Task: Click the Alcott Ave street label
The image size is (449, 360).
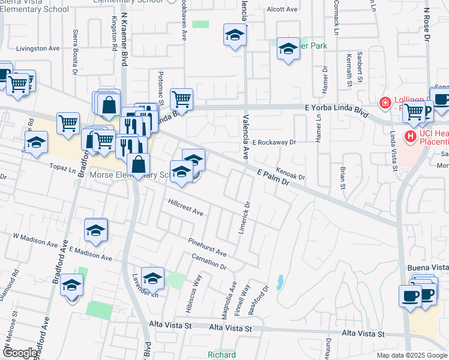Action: coord(282,10)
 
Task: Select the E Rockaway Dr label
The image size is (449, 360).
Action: coord(274,143)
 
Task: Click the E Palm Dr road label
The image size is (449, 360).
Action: coord(273,178)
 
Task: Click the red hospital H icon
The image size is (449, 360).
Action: coord(411,137)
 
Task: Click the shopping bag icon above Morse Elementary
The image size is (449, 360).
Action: coord(138,164)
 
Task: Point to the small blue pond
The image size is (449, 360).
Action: coord(280,281)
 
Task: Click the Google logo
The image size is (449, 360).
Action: coord(20,353)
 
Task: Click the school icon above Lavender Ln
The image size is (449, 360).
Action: coord(152,277)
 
